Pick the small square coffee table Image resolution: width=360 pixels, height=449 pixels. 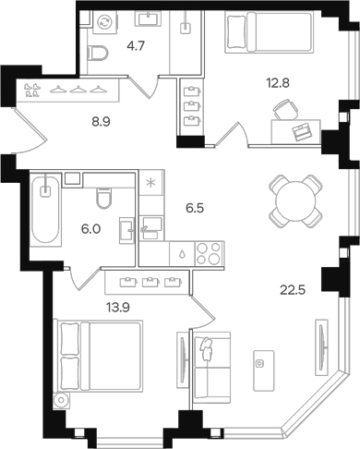262,363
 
